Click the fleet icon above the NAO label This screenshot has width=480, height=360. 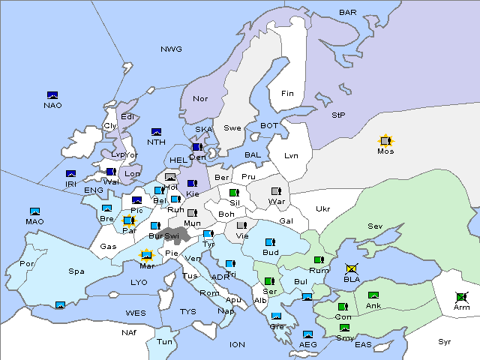[52, 95]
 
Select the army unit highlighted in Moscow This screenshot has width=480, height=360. [385, 140]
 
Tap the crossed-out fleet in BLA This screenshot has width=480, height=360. [351, 268]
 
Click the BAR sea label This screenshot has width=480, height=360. [348, 13]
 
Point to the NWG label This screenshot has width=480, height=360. [171, 49]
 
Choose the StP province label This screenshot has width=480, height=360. [338, 115]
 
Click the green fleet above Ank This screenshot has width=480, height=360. [373, 295]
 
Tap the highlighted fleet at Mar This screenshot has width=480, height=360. [147, 255]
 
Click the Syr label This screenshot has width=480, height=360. [445, 341]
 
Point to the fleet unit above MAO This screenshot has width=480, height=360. [34, 211]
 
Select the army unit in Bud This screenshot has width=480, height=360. [270, 242]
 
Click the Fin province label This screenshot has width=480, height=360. [287, 94]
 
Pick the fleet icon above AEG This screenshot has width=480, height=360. [307, 334]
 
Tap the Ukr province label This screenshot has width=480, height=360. [322, 209]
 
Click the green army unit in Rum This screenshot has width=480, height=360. [319, 260]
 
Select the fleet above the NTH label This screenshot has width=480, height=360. [157, 132]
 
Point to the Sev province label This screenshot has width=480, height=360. [375, 226]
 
